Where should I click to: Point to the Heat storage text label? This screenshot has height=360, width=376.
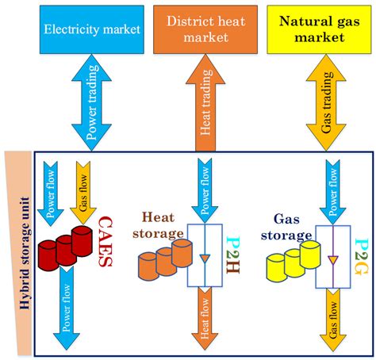[161, 224]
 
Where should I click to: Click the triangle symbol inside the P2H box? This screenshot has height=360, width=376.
[205, 259]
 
